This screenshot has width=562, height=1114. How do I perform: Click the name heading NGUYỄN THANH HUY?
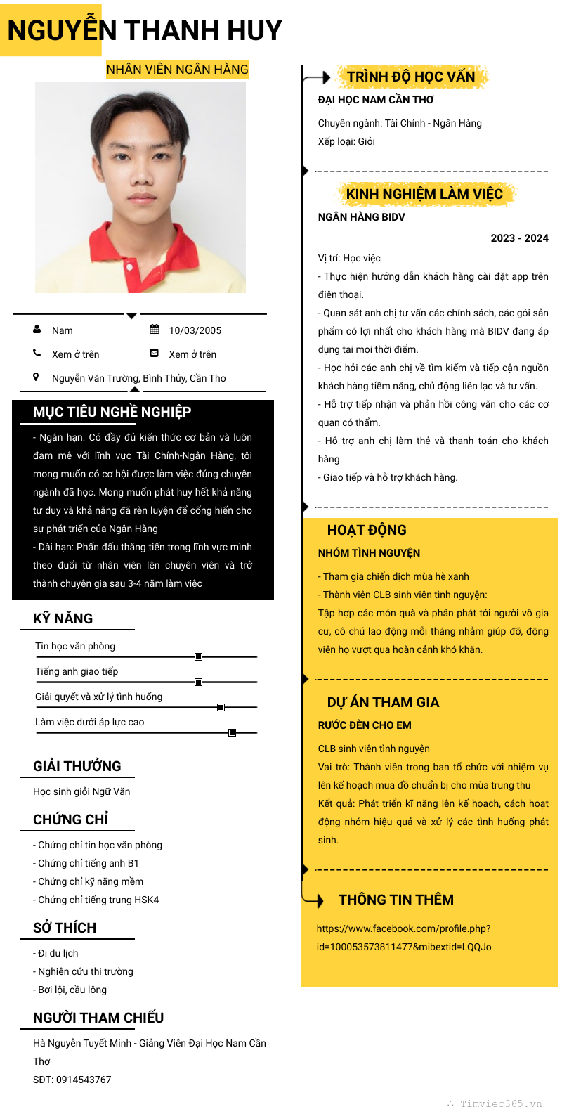point(145,30)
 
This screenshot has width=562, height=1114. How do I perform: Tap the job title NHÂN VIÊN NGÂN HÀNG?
point(177,69)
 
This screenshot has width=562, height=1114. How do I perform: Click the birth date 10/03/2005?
point(195,330)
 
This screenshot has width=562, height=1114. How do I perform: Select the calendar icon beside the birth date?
point(155,330)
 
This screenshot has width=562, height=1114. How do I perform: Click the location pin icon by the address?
point(37,377)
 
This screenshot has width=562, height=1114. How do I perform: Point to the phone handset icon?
point(37,353)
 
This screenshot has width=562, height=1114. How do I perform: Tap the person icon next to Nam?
point(37,329)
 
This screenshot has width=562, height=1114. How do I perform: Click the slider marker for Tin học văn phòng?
point(198,656)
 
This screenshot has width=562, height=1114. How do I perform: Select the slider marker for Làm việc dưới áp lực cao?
point(232,732)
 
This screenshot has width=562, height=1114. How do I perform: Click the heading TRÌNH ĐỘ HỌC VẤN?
point(411,77)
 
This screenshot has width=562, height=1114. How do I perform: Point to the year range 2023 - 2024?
point(519,238)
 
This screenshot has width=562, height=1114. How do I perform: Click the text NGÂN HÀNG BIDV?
point(361,217)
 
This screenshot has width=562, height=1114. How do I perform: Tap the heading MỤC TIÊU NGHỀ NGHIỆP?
point(112,412)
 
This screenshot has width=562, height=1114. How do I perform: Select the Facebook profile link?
point(404,938)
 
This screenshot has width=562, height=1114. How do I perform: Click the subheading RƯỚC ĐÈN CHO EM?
point(365,725)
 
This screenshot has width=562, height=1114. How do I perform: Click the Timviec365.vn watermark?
point(499,1103)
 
